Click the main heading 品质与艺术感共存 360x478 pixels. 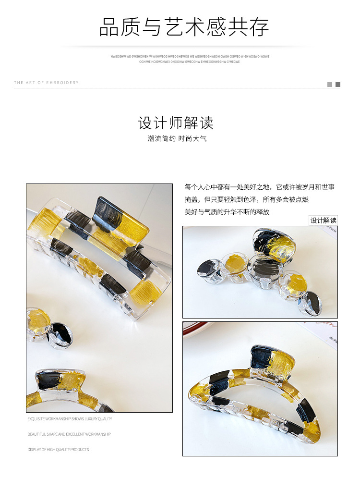pos(184,27)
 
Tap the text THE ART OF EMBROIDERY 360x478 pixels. pos(46,83)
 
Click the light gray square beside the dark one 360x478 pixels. pos(330,85)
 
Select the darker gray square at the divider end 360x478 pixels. pos(338,85)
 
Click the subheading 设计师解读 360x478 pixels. pos(176,123)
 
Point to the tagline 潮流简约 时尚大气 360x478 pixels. pos(177,139)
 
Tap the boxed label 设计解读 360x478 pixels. pos(323,221)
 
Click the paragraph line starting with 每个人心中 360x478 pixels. pos(259,187)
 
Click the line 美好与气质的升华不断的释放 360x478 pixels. pos(227,212)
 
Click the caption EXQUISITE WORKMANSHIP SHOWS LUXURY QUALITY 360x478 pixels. pos(70,419)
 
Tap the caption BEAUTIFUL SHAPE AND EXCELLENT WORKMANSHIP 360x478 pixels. pos(69,434)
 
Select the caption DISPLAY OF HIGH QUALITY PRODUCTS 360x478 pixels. pos(58,450)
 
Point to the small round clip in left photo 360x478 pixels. pos(49,328)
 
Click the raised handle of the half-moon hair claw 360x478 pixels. pos(271,361)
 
